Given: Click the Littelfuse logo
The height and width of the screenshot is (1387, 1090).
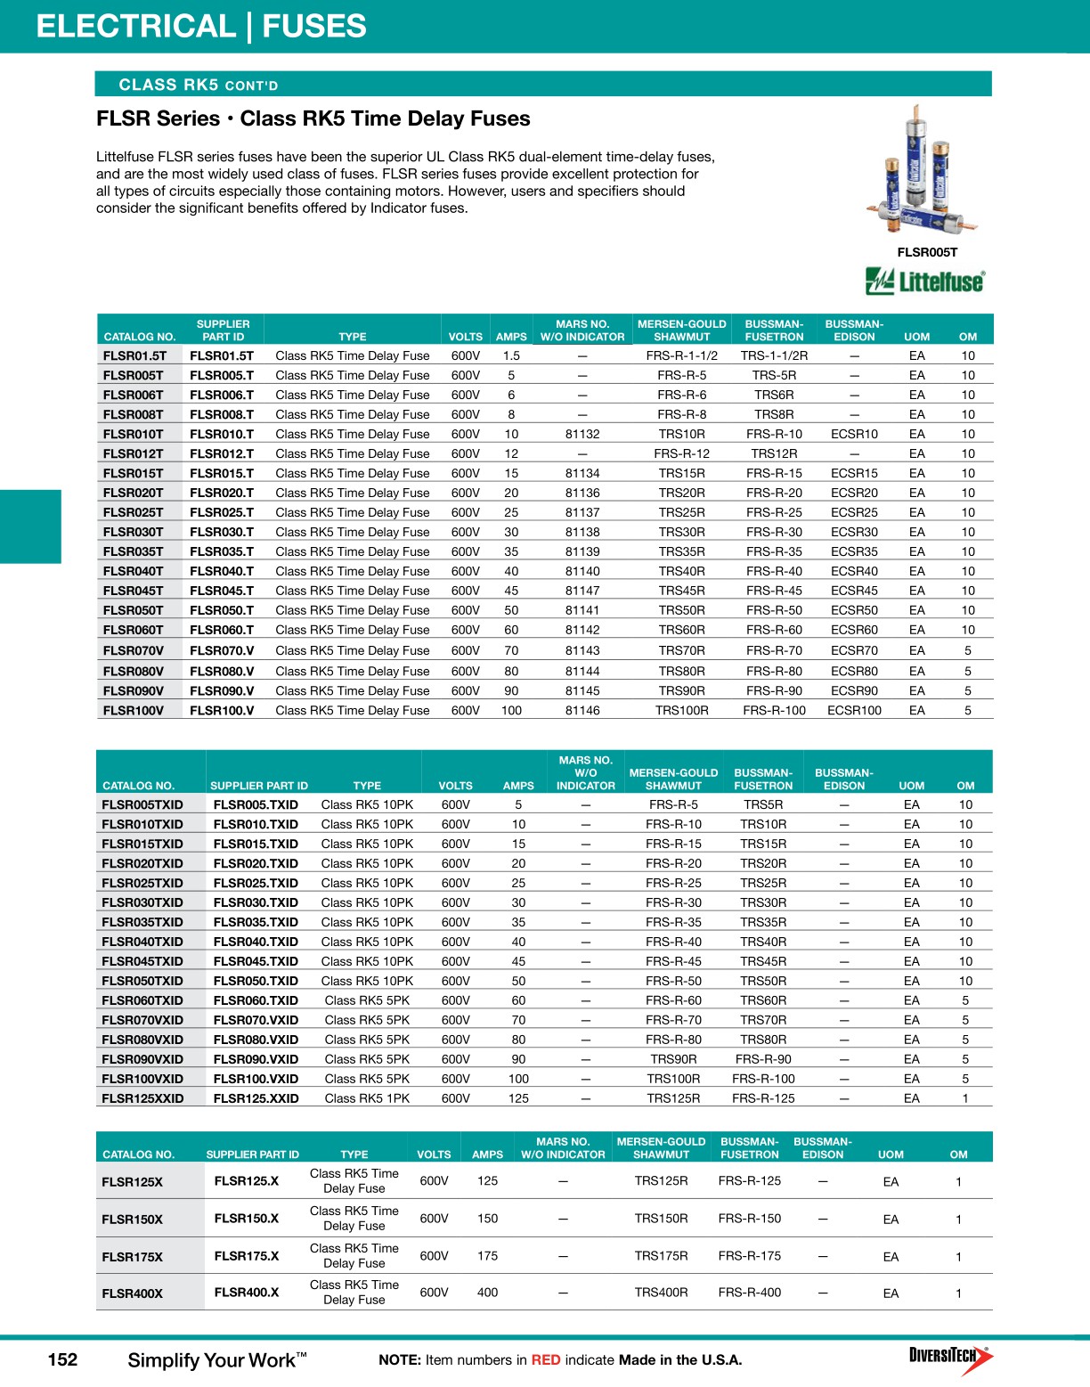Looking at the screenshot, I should tap(926, 281).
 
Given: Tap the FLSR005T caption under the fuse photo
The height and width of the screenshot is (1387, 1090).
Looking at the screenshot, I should tap(927, 252).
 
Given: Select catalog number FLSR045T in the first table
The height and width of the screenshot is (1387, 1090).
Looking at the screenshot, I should tap(134, 591).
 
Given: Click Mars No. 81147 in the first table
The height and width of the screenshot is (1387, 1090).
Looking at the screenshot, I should tap(582, 591).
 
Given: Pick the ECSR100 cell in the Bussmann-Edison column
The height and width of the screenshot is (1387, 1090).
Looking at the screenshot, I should tap(854, 710).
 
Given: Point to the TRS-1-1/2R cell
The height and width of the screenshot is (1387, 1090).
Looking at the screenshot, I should tap(774, 355).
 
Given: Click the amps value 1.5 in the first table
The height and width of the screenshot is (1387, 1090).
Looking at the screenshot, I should tap(511, 355).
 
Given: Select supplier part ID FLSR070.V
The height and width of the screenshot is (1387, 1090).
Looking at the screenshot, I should tap(222, 650).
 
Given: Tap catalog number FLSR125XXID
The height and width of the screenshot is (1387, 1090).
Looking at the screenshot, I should tap(142, 1098).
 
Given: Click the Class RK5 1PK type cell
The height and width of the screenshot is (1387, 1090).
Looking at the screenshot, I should tap(367, 1098).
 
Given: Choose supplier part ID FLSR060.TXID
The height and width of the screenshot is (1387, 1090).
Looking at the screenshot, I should tap(256, 1000).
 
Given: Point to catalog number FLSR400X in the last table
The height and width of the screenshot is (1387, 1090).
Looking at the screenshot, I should tap(133, 1293).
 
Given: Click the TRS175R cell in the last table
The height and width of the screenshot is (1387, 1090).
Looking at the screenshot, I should tap(661, 1256).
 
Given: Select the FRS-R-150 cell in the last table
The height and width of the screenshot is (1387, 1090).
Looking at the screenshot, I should tap(750, 1219).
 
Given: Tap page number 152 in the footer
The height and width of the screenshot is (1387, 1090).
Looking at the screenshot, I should tap(62, 1359).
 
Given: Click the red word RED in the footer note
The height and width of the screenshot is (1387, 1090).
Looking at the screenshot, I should tap(546, 1360).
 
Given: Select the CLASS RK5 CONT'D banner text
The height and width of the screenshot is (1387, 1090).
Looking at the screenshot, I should tap(199, 86).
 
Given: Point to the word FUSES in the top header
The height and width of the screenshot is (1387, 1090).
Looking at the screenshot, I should tap(313, 26).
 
